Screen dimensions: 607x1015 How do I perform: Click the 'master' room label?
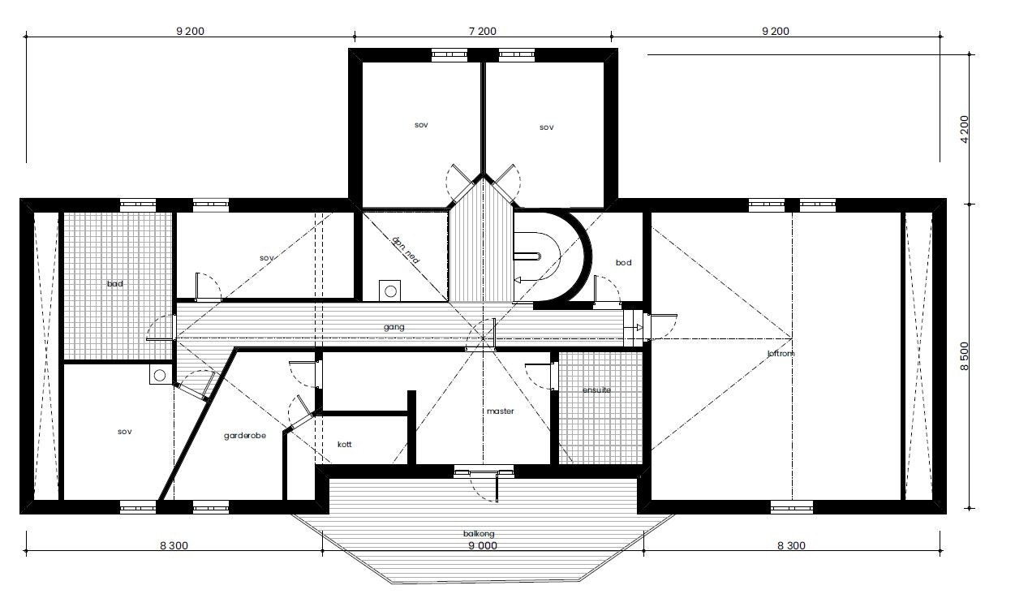[501, 411]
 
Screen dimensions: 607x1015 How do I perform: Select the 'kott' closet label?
[344, 445]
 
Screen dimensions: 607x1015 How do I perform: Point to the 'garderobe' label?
[245, 436]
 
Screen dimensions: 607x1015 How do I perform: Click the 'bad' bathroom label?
[114, 284]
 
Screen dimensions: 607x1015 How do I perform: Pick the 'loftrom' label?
[780, 354]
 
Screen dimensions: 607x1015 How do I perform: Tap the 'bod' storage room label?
[623, 263]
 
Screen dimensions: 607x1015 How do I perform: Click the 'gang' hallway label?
[394, 327]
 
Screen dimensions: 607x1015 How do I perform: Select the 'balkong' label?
[479, 534]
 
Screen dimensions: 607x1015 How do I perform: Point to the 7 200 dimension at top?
[482, 32]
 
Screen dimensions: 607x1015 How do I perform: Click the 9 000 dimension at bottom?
[482, 546]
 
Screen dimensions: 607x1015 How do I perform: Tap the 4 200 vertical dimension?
[964, 128]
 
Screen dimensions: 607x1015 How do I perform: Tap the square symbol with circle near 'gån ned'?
[390, 290]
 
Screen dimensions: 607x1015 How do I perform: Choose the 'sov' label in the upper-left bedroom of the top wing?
[420, 125]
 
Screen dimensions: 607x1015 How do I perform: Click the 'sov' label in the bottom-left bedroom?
[124, 432]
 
